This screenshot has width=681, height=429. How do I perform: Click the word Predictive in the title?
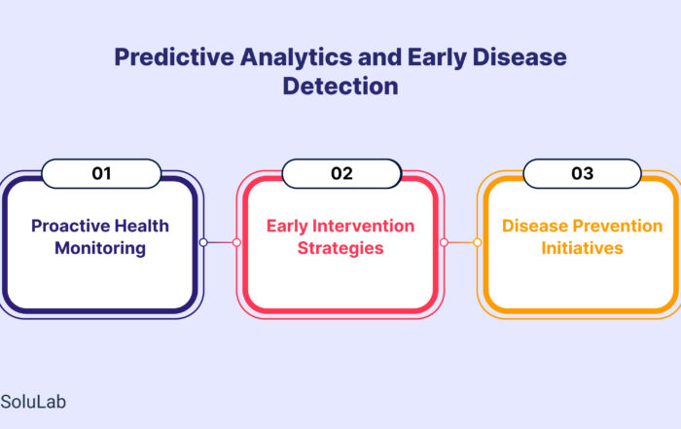pos(174,57)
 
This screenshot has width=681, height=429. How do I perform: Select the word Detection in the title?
pos(340,86)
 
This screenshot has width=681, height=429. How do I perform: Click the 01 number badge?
pos(101,174)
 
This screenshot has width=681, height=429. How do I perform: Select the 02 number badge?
pos(341,174)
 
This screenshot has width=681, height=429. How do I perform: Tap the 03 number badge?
pos(583,174)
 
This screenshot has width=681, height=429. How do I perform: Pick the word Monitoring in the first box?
pos(100,248)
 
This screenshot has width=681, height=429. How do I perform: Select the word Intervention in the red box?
pos(364,226)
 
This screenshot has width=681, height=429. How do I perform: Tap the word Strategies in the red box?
pos(340,248)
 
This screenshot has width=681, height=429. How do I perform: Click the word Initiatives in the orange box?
pos(582,248)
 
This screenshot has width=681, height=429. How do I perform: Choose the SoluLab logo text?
pos(33,402)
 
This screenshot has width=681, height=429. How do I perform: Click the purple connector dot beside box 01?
pos(203,242)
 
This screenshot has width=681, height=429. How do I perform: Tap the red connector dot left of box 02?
pos(236,242)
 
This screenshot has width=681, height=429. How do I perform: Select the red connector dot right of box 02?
pos(444,242)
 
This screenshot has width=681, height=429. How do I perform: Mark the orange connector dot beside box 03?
pos(478,242)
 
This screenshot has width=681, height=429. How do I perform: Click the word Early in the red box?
pos(287,227)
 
